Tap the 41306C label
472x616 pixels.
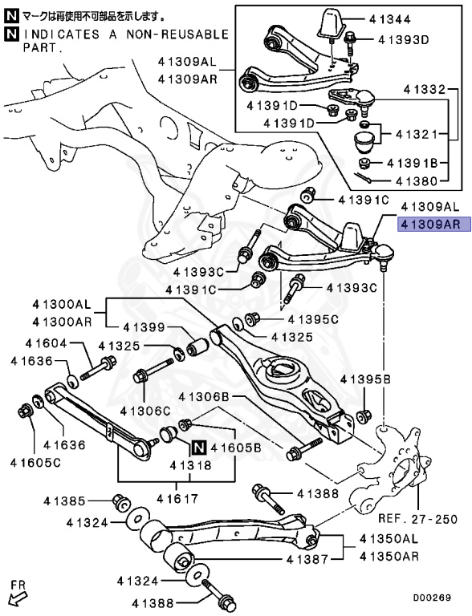(146, 411)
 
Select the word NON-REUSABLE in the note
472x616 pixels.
(168, 34)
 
